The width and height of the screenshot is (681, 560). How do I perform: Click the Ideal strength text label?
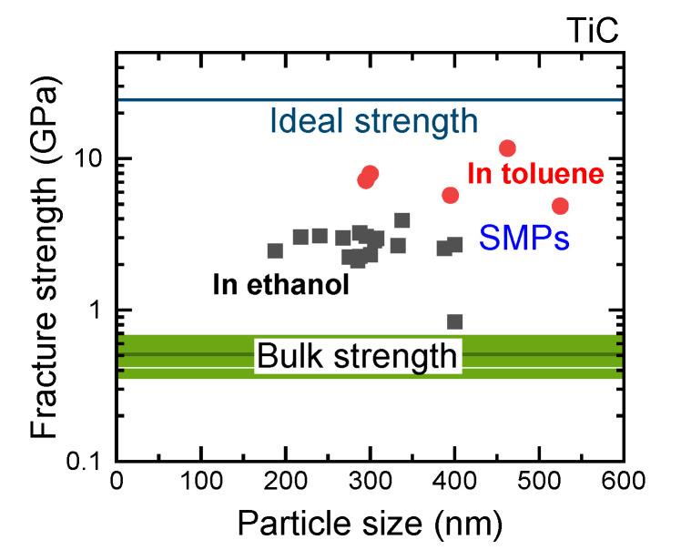pos(373,121)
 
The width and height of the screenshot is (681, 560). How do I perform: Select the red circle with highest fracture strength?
pos(508,148)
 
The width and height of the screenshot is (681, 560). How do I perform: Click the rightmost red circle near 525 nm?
pos(560,206)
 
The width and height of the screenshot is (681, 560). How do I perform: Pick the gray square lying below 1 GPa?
pos(455,321)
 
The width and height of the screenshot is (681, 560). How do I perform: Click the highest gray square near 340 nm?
pos(401,220)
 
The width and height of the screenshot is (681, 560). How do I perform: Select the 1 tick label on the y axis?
pos(97,310)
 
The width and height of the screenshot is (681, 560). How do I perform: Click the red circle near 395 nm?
pos(451,196)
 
